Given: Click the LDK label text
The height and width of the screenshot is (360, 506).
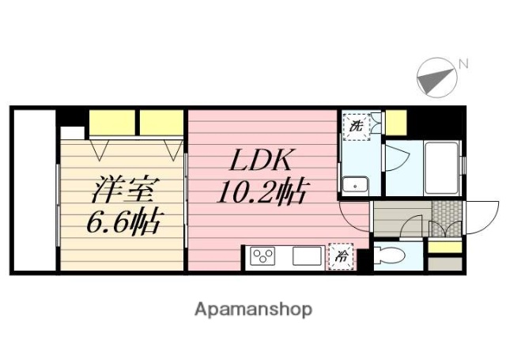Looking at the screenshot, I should (x=262, y=162).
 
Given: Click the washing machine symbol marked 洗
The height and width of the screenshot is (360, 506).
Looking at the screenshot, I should (x=357, y=125).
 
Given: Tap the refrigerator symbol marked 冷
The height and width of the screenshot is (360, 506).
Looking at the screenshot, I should (x=342, y=256).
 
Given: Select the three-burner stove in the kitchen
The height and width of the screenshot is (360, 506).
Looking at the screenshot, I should (x=262, y=256).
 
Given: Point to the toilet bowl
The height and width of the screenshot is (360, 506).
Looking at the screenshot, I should (x=390, y=255).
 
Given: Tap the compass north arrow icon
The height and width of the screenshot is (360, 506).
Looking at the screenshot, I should (x=436, y=76).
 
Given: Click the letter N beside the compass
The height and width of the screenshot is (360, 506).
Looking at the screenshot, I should (x=464, y=63).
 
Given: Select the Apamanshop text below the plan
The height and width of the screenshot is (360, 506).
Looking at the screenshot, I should (x=253, y=309).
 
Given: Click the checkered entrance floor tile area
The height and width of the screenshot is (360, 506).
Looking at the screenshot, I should (x=446, y=214).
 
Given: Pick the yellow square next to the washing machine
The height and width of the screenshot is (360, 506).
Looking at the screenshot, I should (x=395, y=122).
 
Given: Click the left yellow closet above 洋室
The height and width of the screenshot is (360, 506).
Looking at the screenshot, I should (x=111, y=122).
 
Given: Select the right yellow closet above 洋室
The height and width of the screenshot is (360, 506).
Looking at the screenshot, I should (x=161, y=122).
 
